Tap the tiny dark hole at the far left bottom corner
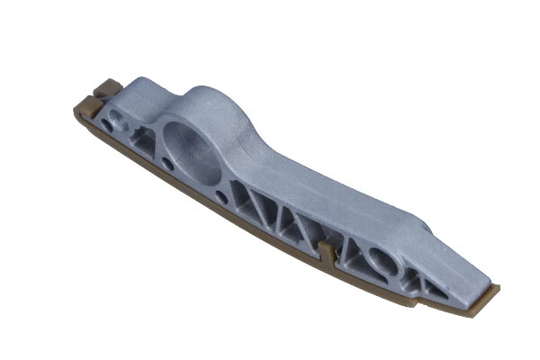pos(107,127)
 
